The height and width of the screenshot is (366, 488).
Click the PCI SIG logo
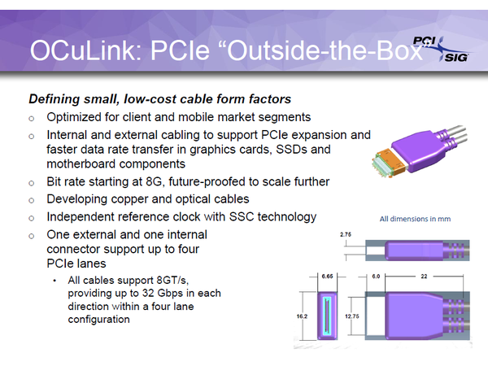442,49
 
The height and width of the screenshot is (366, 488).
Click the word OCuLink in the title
83,50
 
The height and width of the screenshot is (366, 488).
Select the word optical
194,199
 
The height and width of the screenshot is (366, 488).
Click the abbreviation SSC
242,217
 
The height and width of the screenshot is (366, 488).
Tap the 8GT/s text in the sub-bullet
172,281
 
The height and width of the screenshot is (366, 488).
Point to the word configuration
98,320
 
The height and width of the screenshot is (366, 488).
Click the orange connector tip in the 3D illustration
393,161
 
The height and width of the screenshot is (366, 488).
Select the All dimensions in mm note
415,219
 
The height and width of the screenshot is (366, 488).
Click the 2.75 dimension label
346,235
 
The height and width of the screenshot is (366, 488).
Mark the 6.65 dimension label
327,277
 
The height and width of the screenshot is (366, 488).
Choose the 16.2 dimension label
302,316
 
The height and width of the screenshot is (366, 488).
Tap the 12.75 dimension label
351,316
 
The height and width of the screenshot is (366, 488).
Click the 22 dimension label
424,277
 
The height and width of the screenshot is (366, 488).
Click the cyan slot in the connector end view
327,316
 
